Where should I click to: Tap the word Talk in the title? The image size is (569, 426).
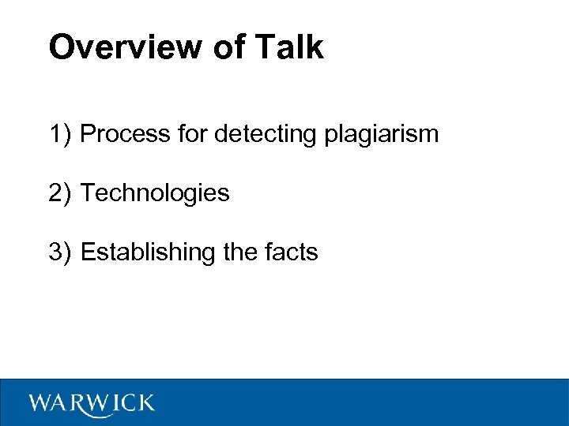click(290, 47)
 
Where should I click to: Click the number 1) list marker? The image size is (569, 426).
click(60, 134)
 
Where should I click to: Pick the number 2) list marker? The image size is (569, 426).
click(60, 192)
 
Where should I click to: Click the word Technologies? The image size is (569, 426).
click(155, 193)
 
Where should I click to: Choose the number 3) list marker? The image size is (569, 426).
click(60, 252)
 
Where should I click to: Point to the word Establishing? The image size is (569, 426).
click(148, 253)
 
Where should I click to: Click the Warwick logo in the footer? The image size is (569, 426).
click(92, 404)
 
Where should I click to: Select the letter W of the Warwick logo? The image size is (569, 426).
click(41, 404)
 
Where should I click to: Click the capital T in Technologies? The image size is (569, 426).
click(87, 192)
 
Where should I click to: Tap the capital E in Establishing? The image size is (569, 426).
click(87, 252)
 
